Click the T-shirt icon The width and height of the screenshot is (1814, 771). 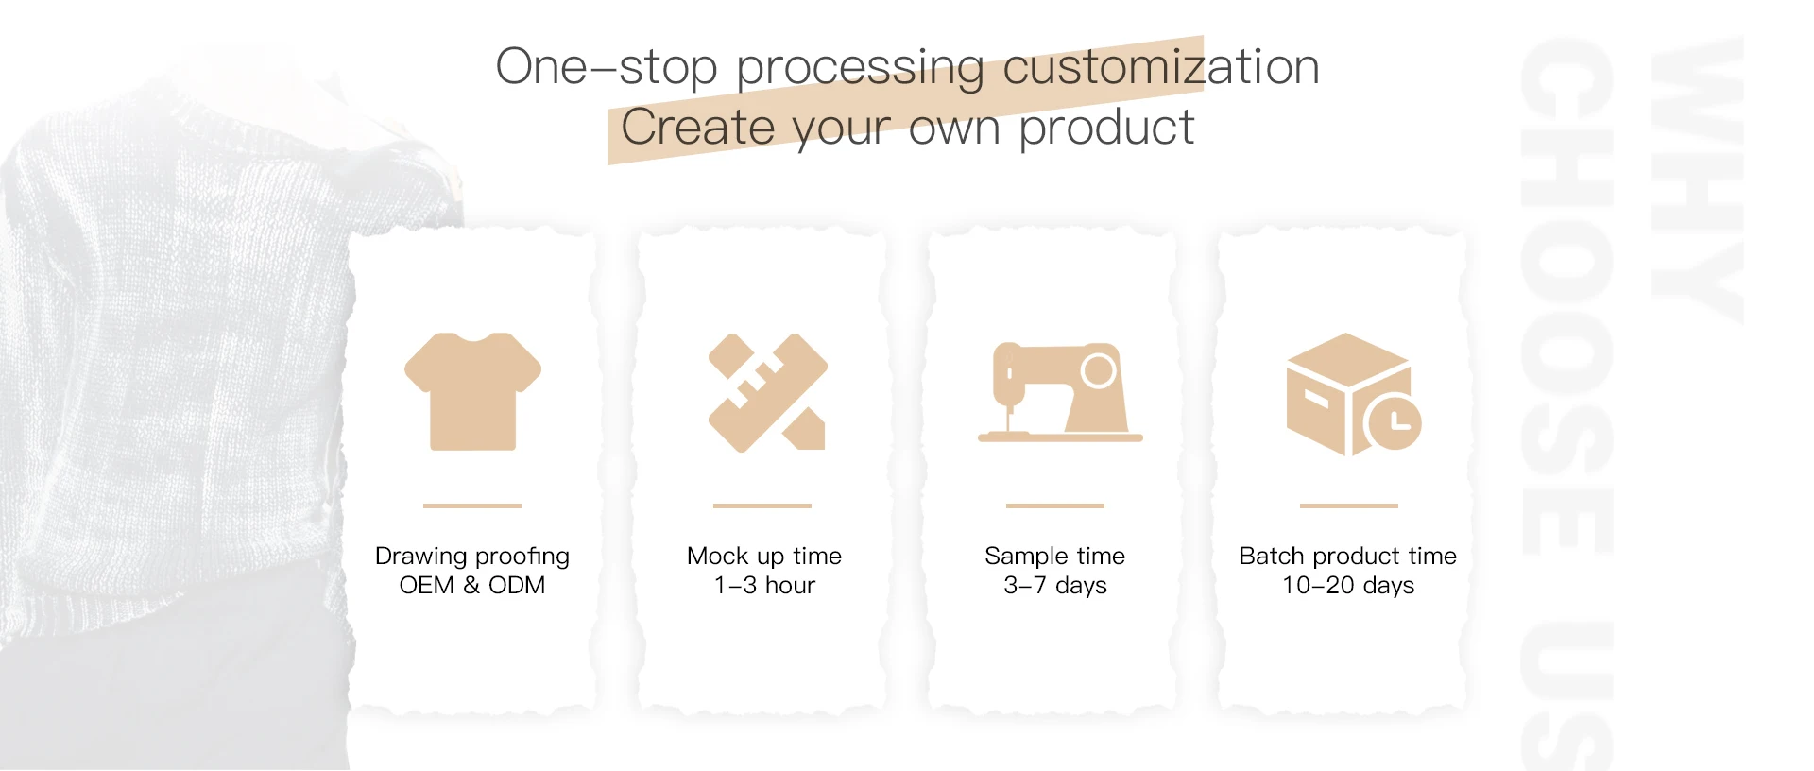[x=472, y=391]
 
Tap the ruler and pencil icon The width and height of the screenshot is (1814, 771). [x=767, y=392]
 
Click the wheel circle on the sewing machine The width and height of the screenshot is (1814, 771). [x=1098, y=369]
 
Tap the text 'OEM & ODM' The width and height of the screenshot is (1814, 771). [x=472, y=585]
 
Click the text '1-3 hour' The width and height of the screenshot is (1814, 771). [x=764, y=585]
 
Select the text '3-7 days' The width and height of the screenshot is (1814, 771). [x=1055, y=586]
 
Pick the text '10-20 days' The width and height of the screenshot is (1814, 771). [x=1348, y=586]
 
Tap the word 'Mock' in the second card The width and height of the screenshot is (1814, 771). [x=717, y=556]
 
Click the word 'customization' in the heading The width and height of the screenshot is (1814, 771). [x=1160, y=66]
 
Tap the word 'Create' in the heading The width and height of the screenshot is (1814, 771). [x=698, y=127]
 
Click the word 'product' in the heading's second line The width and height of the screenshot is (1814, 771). [x=1106, y=128]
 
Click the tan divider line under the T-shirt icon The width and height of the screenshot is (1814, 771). [x=472, y=505]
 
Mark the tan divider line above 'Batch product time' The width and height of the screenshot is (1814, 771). [x=1349, y=505]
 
